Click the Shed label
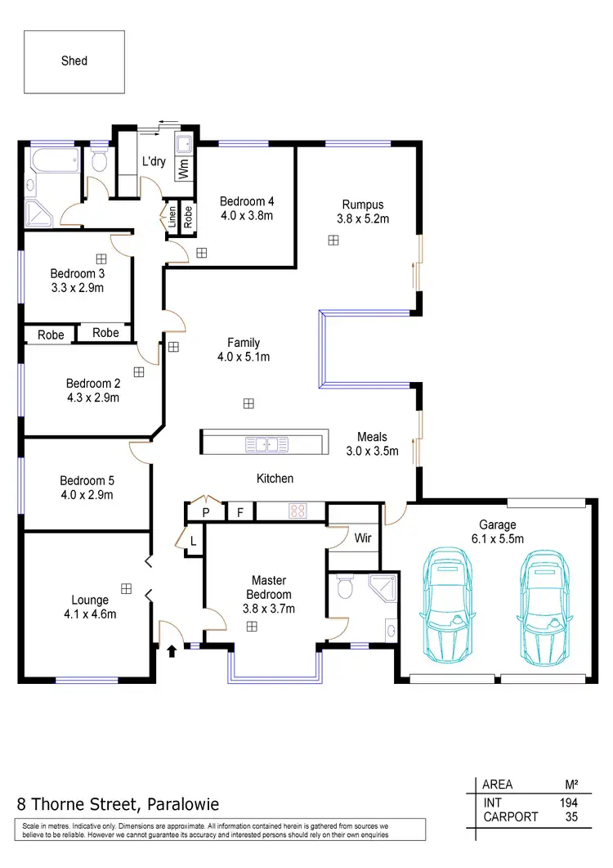click(x=74, y=61)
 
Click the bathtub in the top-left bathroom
click(x=53, y=160)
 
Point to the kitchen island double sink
click(x=264, y=444)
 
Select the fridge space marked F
click(x=239, y=513)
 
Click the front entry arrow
click(x=172, y=652)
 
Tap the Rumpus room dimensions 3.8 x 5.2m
click(x=362, y=218)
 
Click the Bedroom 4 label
click(x=247, y=201)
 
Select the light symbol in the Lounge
click(x=126, y=588)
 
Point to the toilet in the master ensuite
click(x=345, y=587)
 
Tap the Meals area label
click(x=372, y=437)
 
